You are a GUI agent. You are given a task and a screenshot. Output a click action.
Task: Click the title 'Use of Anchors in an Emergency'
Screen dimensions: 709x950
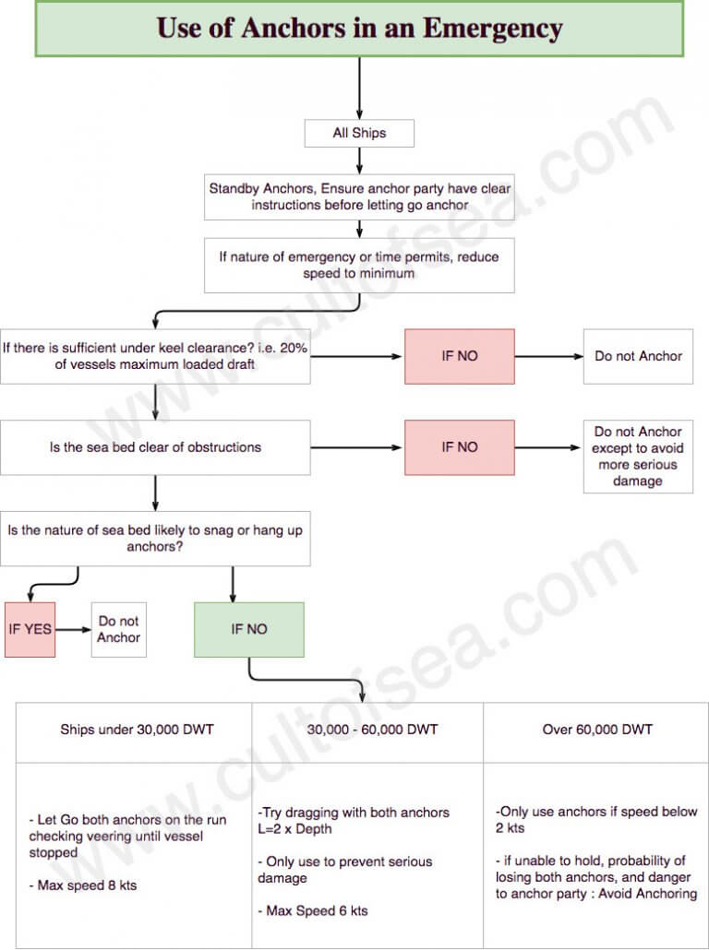click(x=359, y=29)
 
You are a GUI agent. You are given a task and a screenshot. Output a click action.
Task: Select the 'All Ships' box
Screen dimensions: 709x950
click(x=359, y=134)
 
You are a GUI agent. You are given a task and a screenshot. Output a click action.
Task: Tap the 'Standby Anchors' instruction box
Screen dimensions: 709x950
click(x=359, y=196)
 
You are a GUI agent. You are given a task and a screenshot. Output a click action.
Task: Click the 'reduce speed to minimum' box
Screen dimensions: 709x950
click(x=359, y=266)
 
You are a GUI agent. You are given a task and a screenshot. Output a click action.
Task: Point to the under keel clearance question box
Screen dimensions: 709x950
click(x=155, y=356)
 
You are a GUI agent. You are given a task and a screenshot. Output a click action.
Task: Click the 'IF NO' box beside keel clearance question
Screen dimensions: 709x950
click(x=460, y=356)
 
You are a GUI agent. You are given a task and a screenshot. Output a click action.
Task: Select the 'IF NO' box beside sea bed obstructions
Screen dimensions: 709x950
click(x=460, y=447)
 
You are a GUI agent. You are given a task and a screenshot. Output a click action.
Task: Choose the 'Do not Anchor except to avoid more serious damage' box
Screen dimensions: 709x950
click(x=638, y=457)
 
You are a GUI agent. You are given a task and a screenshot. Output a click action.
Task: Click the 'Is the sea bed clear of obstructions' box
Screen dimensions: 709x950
click(x=155, y=447)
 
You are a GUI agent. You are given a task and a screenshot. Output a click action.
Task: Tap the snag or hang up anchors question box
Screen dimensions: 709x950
click(x=155, y=539)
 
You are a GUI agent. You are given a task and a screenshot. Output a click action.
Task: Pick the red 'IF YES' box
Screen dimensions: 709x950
click(x=30, y=630)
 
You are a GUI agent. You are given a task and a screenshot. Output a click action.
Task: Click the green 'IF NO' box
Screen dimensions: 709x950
click(x=248, y=630)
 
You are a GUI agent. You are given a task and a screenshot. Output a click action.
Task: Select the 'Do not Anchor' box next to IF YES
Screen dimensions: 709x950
click(x=119, y=630)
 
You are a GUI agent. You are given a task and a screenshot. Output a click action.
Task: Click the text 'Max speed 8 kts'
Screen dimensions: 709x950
click(x=88, y=885)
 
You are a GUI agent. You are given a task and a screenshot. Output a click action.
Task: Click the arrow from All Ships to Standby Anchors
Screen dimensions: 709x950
click(x=360, y=160)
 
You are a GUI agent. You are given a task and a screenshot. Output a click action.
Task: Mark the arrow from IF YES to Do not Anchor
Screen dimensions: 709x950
click(x=73, y=630)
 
